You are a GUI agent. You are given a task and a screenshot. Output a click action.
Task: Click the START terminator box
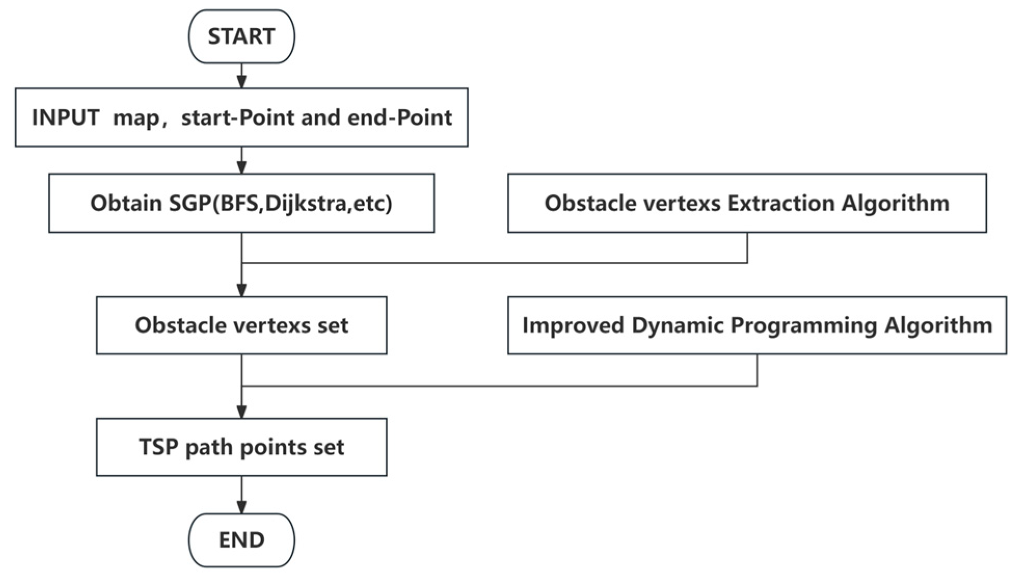coord(241,36)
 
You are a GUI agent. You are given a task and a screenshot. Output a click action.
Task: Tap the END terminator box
coord(241,540)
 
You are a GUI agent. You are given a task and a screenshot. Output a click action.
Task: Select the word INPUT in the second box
coord(65,117)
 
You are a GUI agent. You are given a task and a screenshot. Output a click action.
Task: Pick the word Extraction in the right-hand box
coord(781,203)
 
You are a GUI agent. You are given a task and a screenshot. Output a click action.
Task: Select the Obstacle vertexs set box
coord(241,325)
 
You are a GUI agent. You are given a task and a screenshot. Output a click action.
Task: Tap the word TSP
coord(158,447)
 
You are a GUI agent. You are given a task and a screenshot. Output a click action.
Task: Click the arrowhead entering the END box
coord(241,507)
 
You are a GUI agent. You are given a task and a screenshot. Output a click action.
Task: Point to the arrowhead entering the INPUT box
coord(241,82)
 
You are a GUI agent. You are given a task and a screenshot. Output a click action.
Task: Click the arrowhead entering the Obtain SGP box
coord(241,167)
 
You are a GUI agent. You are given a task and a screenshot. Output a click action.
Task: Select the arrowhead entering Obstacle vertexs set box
coord(241,290)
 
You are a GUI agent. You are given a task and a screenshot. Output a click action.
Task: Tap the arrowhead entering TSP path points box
coord(241,412)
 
